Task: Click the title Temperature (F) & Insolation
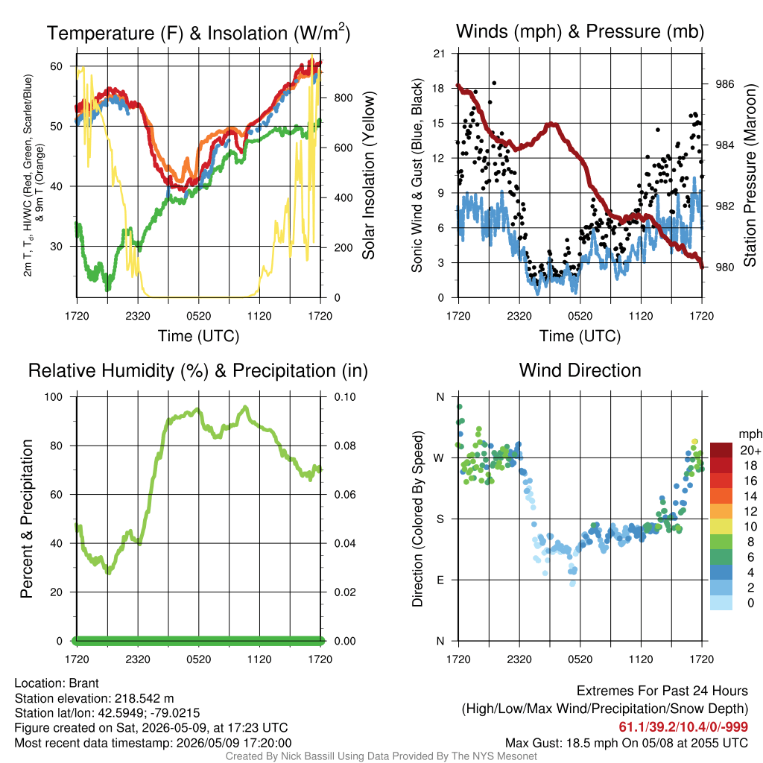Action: point(198,33)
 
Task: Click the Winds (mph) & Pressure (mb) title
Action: point(580,31)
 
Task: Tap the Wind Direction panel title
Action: point(580,370)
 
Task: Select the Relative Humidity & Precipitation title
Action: point(198,371)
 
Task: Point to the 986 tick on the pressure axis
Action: point(724,84)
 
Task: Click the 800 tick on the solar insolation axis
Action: point(343,98)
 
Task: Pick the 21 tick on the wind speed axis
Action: point(439,54)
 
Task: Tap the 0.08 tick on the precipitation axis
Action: point(345,446)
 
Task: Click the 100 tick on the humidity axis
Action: point(54,396)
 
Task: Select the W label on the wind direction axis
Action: point(439,458)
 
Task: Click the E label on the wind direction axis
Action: point(440,580)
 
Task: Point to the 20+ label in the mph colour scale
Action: point(750,450)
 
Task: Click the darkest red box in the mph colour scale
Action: point(721,450)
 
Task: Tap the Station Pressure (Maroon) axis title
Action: point(750,175)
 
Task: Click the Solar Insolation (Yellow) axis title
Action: point(368,175)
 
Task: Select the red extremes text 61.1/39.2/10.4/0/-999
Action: point(683,726)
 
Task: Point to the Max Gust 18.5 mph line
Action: point(626,743)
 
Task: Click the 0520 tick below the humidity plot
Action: point(198,659)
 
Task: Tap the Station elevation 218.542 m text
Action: point(94,698)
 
